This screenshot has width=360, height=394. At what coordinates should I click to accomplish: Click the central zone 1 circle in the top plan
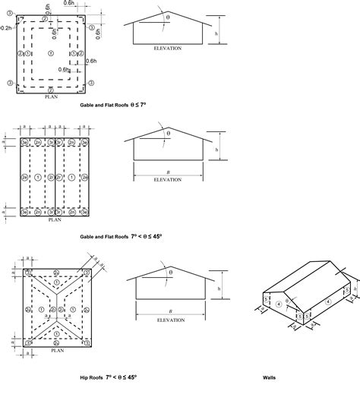click(x=51, y=53)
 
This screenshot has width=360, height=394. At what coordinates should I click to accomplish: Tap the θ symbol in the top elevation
click(x=169, y=15)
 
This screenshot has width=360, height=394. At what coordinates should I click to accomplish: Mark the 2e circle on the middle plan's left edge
click(x=24, y=176)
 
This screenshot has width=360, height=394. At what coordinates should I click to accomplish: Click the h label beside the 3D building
click(x=354, y=291)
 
